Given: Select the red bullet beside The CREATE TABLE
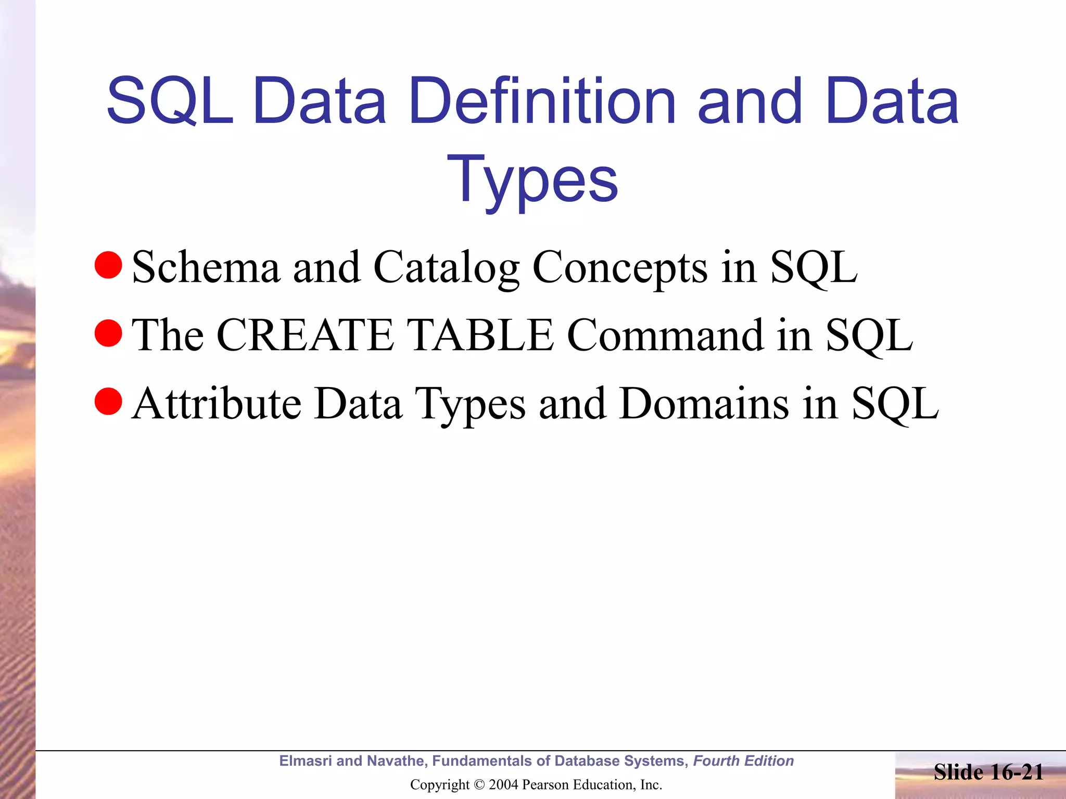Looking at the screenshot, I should (x=108, y=333).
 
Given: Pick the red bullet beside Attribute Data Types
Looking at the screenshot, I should (x=108, y=401).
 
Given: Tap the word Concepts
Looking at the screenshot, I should (x=620, y=267).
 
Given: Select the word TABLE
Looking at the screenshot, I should (x=479, y=336).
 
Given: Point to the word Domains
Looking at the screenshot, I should (x=704, y=404).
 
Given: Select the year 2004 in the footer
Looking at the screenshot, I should (x=503, y=785).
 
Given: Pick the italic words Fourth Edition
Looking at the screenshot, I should (x=743, y=761).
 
